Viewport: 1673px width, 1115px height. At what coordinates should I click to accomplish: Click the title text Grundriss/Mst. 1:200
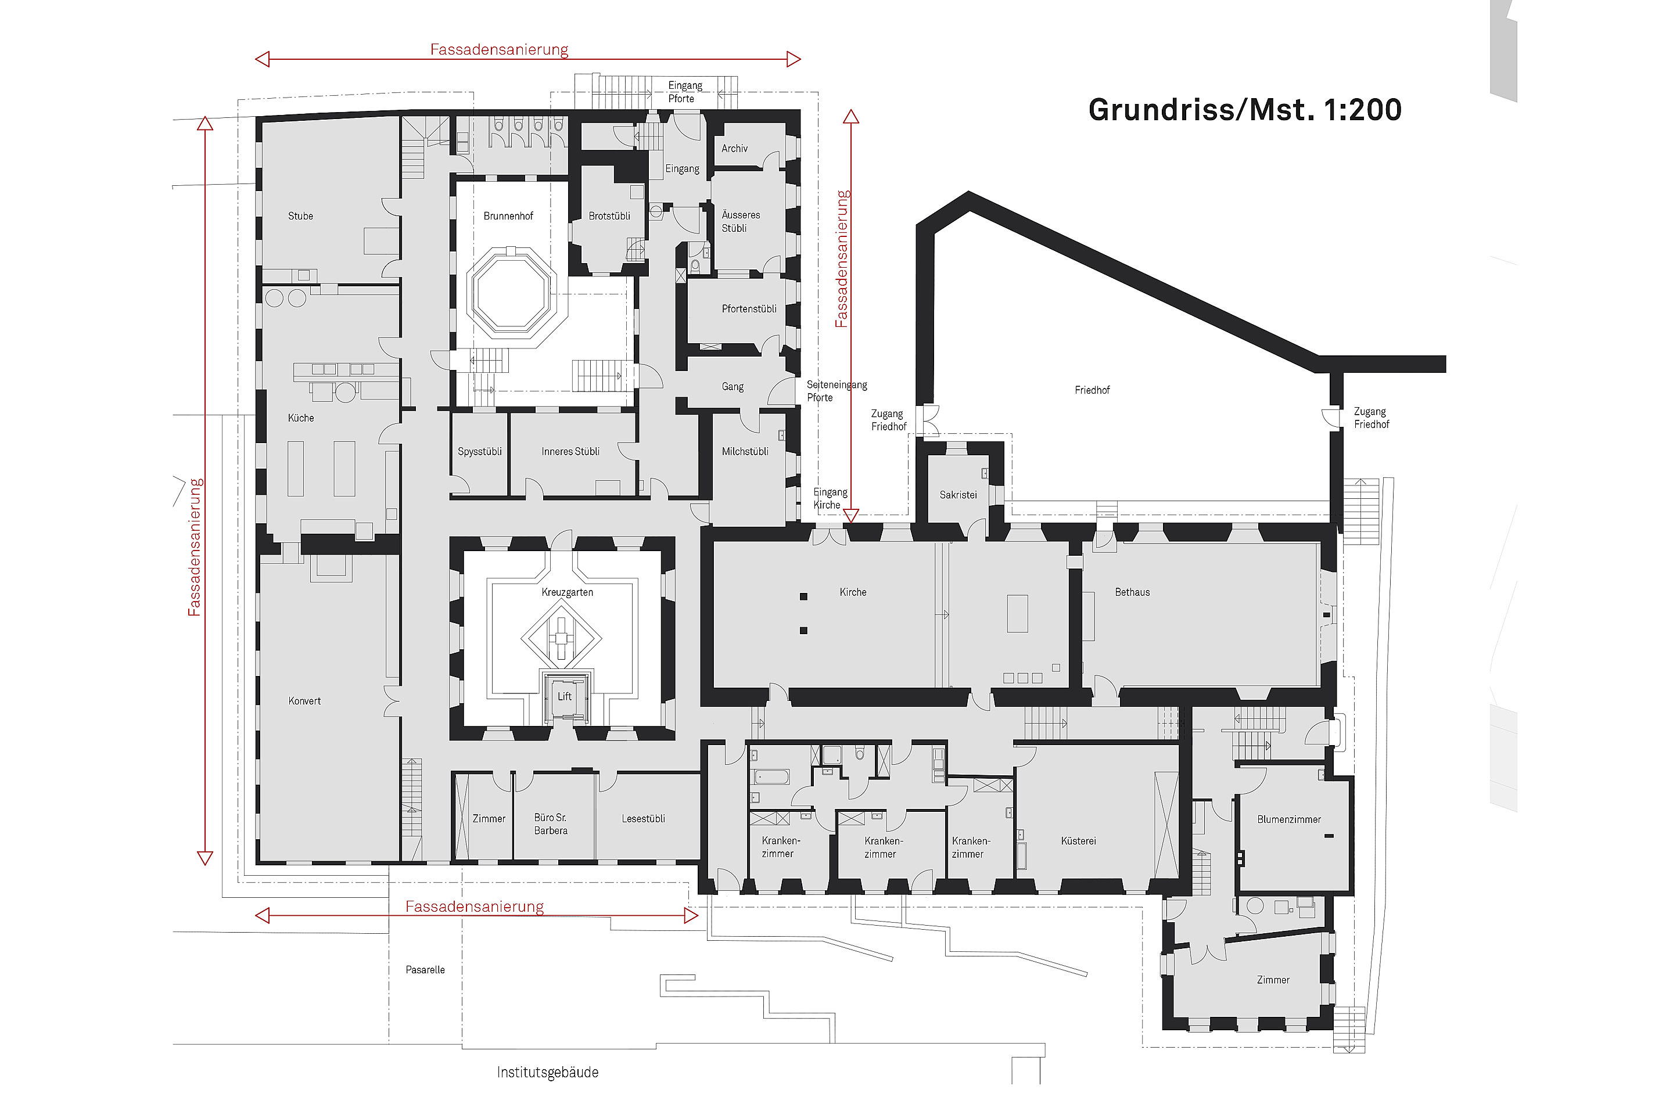1244,110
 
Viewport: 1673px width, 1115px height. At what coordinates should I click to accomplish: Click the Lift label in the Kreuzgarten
564,696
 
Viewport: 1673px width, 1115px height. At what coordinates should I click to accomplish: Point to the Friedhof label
1092,390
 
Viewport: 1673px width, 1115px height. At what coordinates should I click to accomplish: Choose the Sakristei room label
958,495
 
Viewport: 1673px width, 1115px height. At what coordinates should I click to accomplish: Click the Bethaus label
1132,592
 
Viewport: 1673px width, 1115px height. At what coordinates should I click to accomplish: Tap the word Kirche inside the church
852,592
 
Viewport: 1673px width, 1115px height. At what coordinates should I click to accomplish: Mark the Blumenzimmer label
1288,819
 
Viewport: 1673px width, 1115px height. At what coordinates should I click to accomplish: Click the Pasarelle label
425,970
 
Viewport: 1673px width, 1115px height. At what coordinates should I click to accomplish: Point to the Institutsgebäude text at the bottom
547,1073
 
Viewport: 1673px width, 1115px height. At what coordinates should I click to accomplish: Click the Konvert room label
304,701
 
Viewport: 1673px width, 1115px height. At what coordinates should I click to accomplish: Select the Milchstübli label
745,452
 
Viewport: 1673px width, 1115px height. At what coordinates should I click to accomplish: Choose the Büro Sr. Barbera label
551,824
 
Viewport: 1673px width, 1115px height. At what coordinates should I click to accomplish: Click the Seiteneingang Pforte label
836,391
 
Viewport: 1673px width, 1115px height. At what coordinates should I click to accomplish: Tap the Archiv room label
734,149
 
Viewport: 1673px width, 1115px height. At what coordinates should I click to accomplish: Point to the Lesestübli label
643,819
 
